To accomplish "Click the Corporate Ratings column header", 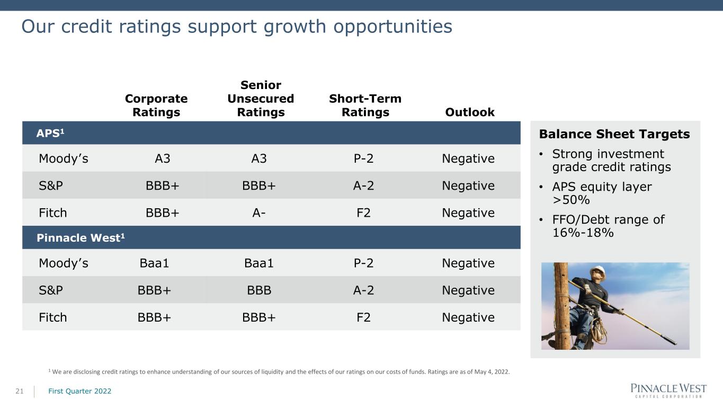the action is pos(156,105).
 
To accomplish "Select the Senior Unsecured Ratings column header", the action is pos(261,99).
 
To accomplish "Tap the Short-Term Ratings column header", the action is pos(365,105).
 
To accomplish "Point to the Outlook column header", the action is pos(470,112).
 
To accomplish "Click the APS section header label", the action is pos(50,133).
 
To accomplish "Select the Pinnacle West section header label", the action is pos(81,238).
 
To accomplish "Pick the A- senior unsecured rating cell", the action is pos(259,213).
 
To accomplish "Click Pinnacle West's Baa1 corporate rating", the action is pos(154,263).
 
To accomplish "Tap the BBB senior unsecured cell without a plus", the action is pos(259,290).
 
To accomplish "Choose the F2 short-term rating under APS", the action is pos(363,213).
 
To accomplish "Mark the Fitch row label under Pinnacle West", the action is pos(52,317).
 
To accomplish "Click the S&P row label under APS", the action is pos(51,185).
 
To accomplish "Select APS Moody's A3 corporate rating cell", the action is pos(163,158).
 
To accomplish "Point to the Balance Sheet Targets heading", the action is pos(614,134).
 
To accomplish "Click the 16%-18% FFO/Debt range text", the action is pos(583,233).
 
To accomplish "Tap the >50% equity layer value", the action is pos(571,200).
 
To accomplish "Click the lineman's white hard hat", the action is pos(599,269).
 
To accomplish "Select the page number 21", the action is pos(20,391).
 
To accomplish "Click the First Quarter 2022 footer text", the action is pos(80,391).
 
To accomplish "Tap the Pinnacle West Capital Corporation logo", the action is pos(668,391).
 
